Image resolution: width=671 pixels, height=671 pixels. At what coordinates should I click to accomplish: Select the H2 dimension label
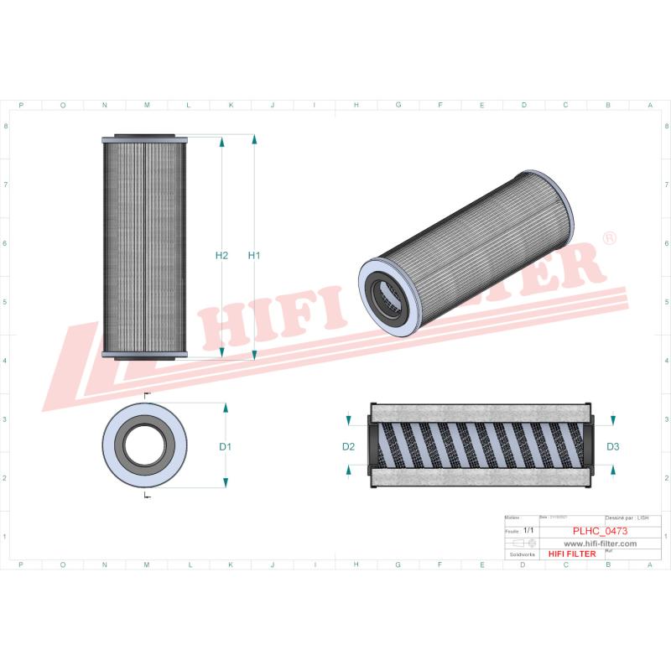tap(221, 255)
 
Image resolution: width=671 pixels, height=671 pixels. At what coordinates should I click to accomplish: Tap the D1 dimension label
tap(225, 447)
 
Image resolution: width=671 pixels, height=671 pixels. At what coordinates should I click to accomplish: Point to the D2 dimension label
tap(349, 447)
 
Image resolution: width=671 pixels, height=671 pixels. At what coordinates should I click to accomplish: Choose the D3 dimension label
tap(612, 447)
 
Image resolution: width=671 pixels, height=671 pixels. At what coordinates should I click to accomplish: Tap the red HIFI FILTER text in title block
tap(571, 554)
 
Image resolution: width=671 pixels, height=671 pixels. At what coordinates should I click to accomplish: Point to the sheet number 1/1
tap(528, 531)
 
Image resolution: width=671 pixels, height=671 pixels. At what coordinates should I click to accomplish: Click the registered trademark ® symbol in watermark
tap(610, 239)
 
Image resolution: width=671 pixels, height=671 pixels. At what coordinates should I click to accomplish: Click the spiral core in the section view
tap(482, 445)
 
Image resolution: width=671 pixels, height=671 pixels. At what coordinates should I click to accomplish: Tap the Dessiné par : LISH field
tap(632, 519)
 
